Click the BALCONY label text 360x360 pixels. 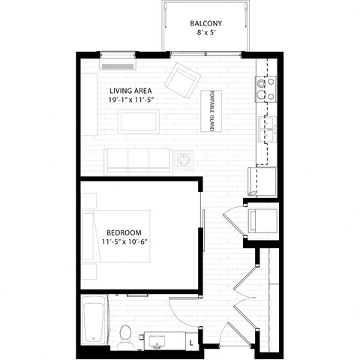click(x=205, y=22)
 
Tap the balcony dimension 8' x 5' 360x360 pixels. click(x=204, y=33)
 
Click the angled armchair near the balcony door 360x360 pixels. click(x=181, y=79)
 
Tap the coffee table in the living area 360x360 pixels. click(x=139, y=121)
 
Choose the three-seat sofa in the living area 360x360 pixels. click(x=139, y=160)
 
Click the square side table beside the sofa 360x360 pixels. click(x=184, y=160)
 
